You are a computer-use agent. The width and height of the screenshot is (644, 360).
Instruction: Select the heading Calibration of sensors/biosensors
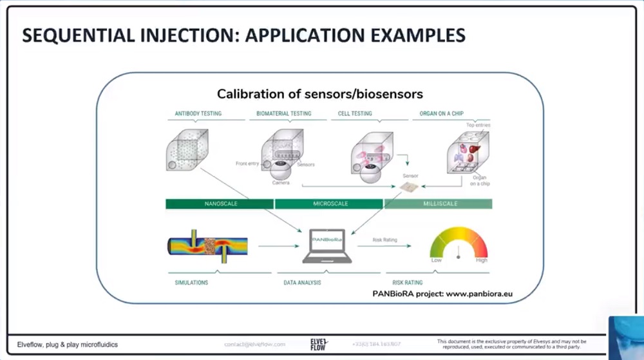tap(319, 94)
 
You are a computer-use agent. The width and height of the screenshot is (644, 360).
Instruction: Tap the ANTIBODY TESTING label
tap(198, 113)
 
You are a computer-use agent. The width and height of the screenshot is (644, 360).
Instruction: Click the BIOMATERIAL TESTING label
tap(283, 113)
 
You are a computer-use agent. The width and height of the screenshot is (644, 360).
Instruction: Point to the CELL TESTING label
tap(355, 113)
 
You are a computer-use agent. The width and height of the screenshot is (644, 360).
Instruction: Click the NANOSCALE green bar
tap(219, 204)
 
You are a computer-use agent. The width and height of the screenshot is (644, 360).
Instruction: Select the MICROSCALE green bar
tap(329, 204)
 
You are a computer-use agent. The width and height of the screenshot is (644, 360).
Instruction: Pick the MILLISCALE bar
tap(439, 204)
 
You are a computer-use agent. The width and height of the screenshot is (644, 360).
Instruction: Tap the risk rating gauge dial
tap(459, 245)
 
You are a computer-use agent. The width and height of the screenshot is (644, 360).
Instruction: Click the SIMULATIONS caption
tap(191, 282)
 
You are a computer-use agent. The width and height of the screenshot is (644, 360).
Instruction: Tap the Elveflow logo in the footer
tap(319, 344)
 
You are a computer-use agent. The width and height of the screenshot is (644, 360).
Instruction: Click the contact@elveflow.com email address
tap(254, 345)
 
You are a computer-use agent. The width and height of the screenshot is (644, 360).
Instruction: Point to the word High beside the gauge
tap(481, 260)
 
